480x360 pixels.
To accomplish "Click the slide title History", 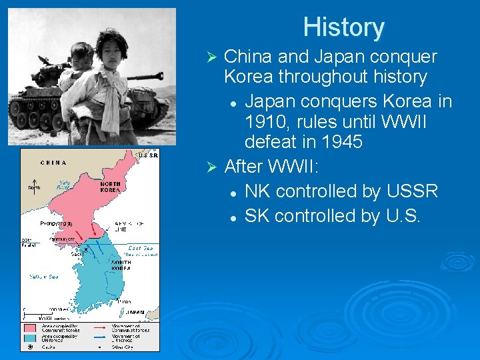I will click(343, 28).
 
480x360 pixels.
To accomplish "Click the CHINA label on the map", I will click(53, 162).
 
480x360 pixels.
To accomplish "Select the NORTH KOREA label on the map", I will click(110, 186).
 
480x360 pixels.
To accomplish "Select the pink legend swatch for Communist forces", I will click(30, 328).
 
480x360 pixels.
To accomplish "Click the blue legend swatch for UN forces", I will click(30, 337).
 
